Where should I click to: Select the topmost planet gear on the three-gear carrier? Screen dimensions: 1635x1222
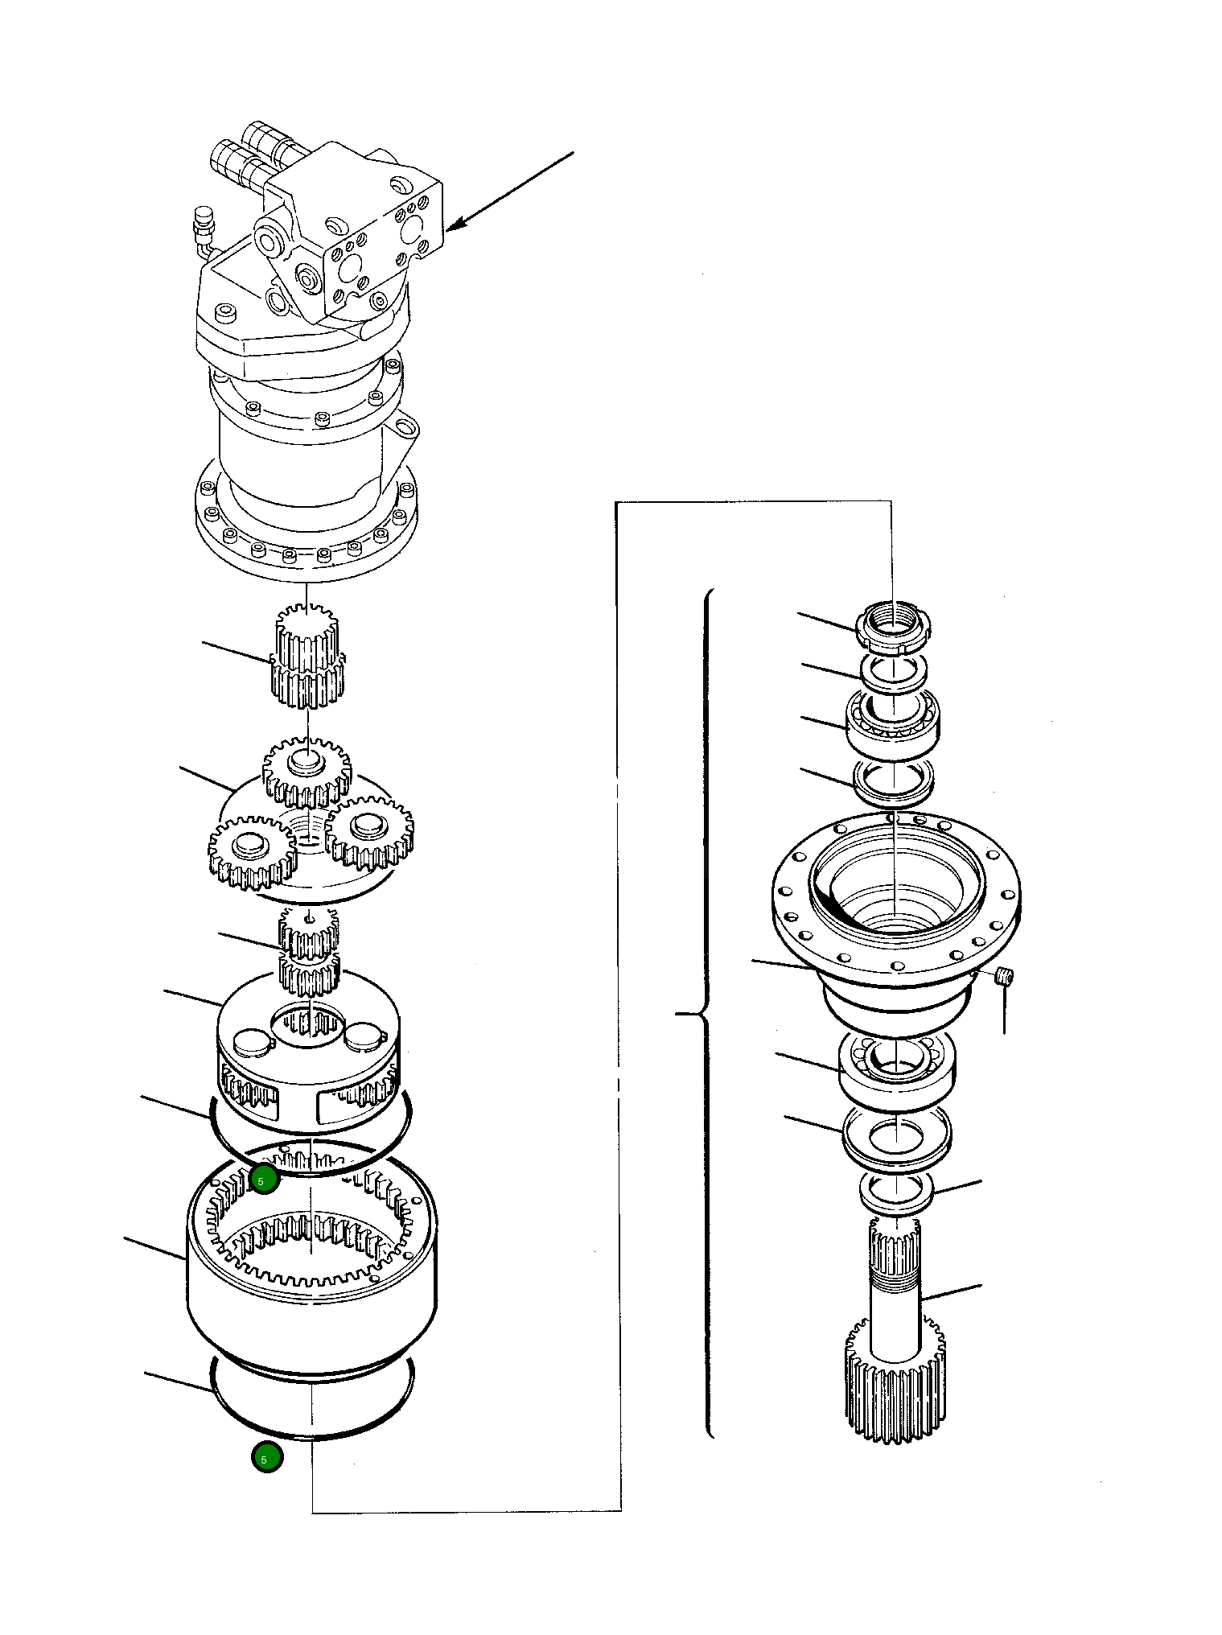[x=307, y=772]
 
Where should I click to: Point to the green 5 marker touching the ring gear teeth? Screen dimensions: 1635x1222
[x=264, y=1180]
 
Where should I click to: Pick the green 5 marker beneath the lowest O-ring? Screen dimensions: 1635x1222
[x=266, y=1457]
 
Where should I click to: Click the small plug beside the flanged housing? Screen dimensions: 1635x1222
[x=1003, y=977]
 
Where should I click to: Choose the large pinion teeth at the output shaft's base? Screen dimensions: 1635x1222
[x=894, y=1383]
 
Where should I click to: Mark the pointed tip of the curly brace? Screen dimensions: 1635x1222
[x=678, y=1015]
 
